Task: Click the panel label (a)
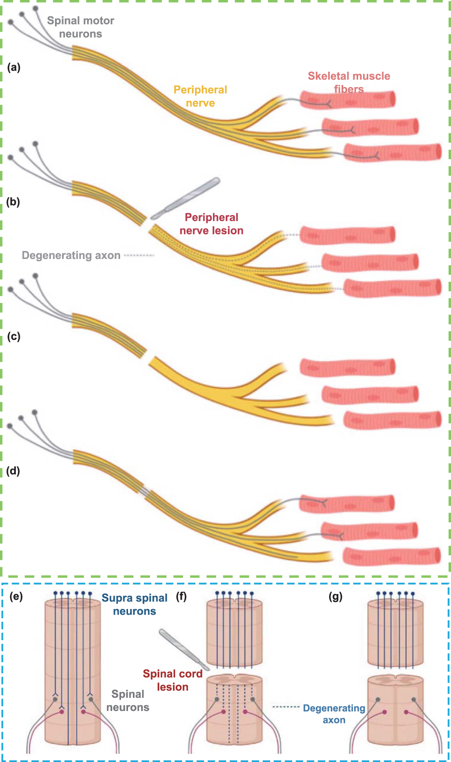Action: (14, 67)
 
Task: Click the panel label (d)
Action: (13, 471)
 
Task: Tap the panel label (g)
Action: (335, 597)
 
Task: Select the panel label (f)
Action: (181, 597)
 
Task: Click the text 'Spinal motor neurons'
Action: (81, 27)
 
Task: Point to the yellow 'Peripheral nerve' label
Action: (200, 96)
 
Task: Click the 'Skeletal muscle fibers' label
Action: (348, 82)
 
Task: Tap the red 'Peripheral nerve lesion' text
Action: (211, 224)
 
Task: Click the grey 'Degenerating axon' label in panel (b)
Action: (71, 255)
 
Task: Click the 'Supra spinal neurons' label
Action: (135, 605)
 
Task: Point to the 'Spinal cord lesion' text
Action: (172, 680)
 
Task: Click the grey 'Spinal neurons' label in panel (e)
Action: (128, 700)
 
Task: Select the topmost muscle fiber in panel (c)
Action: (348, 367)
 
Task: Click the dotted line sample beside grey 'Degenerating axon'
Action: (139, 255)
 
